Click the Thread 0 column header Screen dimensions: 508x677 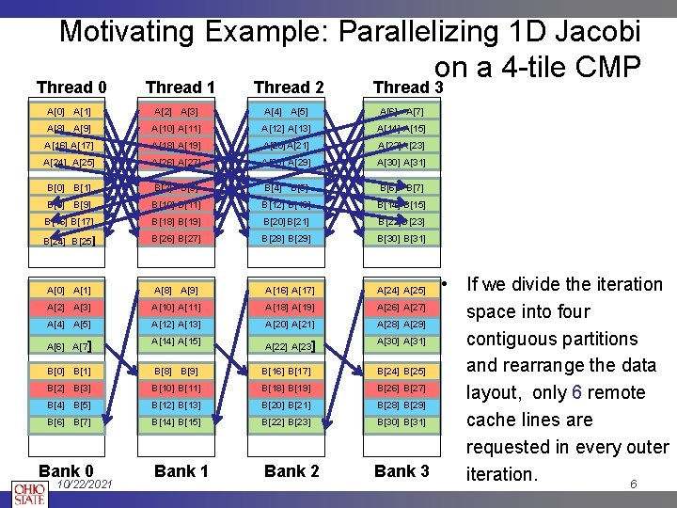tap(71, 87)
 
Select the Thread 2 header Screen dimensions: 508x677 tap(289, 87)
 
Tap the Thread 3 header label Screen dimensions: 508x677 tap(407, 87)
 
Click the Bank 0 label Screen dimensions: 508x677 tap(66, 470)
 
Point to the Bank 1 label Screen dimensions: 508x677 tap(181, 470)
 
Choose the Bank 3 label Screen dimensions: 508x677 tap(401, 470)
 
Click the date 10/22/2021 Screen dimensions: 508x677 tap(85, 484)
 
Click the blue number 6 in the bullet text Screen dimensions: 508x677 tap(576, 392)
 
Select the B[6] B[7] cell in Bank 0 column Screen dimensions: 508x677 tap(69, 422)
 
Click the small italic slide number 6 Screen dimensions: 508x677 tap(634, 484)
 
